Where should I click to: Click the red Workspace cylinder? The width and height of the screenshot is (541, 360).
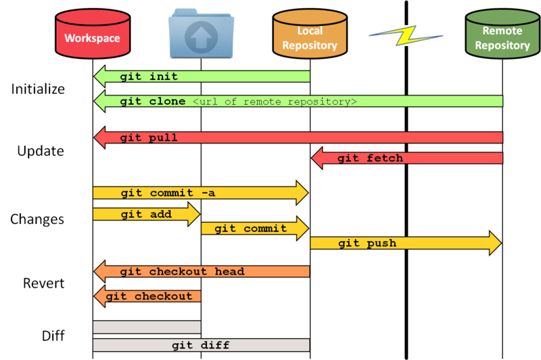point(92,34)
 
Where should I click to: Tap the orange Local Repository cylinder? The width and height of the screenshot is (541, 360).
point(309,34)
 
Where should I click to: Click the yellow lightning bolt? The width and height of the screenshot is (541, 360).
point(406,35)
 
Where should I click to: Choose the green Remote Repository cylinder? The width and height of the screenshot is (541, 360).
point(502,34)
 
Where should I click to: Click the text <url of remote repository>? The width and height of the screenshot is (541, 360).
point(275,102)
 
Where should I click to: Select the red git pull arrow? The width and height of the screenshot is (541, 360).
point(298,137)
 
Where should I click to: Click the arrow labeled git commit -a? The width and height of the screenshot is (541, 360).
point(200,193)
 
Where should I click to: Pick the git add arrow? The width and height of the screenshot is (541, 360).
point(146,215)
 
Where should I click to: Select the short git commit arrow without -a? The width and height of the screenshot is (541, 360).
point(254,229)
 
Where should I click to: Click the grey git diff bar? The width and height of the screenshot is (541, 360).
point(201,345)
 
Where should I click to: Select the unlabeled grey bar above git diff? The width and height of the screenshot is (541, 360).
point(147,327)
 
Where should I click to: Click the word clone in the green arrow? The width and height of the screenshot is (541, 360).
point(167,102)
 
